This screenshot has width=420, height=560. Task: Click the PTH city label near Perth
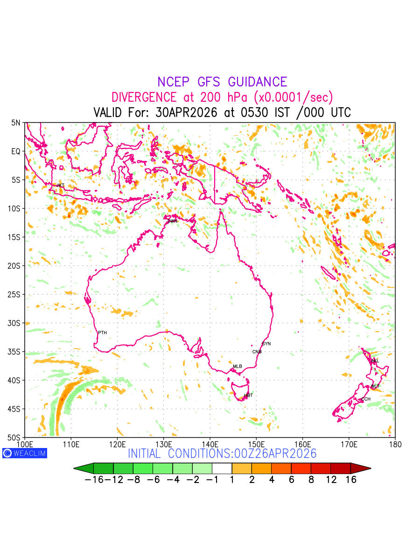(102, 333)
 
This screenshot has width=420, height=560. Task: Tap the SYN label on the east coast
(266, 344)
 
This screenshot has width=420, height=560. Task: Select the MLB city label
(238, 366)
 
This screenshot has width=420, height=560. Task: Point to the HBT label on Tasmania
(248, 396)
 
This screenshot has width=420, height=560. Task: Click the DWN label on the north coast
(172, 221)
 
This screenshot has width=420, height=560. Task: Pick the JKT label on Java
(61, 186)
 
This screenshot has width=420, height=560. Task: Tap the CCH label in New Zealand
(365, 399)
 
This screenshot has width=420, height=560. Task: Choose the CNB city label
(257, 352)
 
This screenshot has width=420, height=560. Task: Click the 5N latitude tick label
(16, 123)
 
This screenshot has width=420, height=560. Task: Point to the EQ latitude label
(16, 152)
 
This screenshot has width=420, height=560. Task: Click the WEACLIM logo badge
(25, 453)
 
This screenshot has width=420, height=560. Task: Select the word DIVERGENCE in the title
(144, 98)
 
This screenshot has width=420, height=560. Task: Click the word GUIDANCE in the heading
(257, 82)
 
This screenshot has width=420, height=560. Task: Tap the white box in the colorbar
(222, 468)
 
